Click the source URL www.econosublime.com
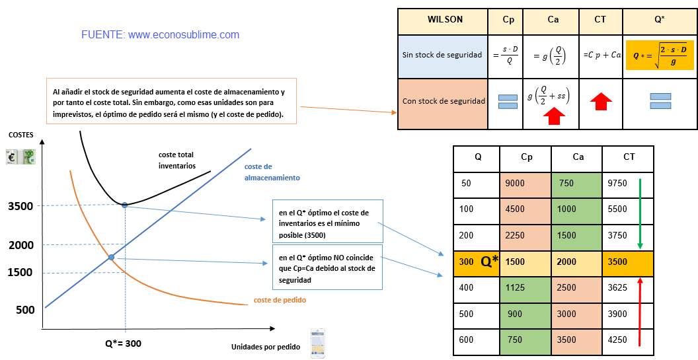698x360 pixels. pyautogui.click(x=183, y=35)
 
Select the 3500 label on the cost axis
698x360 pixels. pyautogui.click(x=20, y=206)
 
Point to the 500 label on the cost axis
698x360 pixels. pyautogui.click(x=25, y=310)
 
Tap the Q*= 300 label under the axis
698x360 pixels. pyautogui.click(x=124, y=343)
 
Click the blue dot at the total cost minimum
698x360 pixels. pyautogui.click(x=125, y=205)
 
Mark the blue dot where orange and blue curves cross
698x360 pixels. pyautogui.click(x=111, y=257)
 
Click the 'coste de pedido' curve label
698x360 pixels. pyautogui.click(x=280, y=301)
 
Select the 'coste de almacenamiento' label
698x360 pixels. pyautogui.click(x=272, y=172)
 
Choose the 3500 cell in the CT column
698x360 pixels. pyautogui.click(x=628, y=262)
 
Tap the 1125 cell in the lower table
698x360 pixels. pyautogui.click(x=525, y=288)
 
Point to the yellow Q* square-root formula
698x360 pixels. pyautogui.click(x=660, y=55)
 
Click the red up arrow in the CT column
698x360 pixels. pyautogui.click(x=601, y=102)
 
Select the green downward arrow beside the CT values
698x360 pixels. pyautogui.click(x=640, y=214)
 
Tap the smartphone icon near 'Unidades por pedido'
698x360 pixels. pyautogui.click(x=317, y=343)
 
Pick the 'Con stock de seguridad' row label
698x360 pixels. pyautogui.click(x=444, y=101)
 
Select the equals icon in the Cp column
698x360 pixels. pyautogui.click(x=508, y=102)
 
